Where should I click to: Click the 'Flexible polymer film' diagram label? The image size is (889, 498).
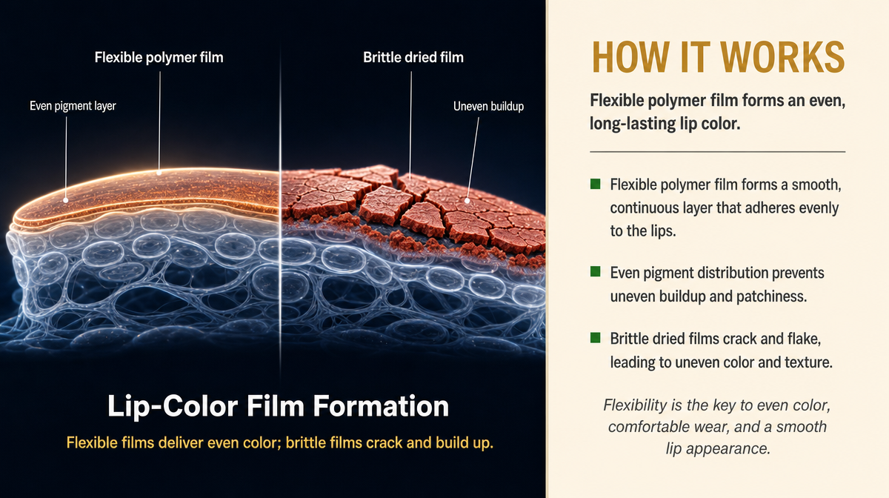(x=159, y=58)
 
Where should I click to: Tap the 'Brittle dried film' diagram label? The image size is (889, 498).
(x=413, y=58)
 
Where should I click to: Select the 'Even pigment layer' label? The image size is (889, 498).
(x=73, y=106)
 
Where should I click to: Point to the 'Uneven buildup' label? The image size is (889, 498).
(x=488, y=107)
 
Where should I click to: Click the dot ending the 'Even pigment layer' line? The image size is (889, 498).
(x=65, y=201)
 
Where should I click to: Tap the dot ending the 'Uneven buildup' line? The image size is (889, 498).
(x=467, y=201)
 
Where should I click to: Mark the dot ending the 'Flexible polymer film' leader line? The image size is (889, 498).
(x=159, y=173)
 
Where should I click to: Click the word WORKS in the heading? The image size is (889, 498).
(x=782, y=58)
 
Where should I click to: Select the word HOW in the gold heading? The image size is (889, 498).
(x=630, y=58)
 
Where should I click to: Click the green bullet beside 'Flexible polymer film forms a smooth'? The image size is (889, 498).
(x=596, y=184)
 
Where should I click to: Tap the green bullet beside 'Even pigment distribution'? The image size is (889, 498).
(x=596, y=272)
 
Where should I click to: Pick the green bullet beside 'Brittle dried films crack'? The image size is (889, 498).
(x=596, y=338)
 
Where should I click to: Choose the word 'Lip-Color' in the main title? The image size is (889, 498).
(x=173, y=407)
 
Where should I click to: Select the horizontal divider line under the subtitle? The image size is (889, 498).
(x=718, y=152)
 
